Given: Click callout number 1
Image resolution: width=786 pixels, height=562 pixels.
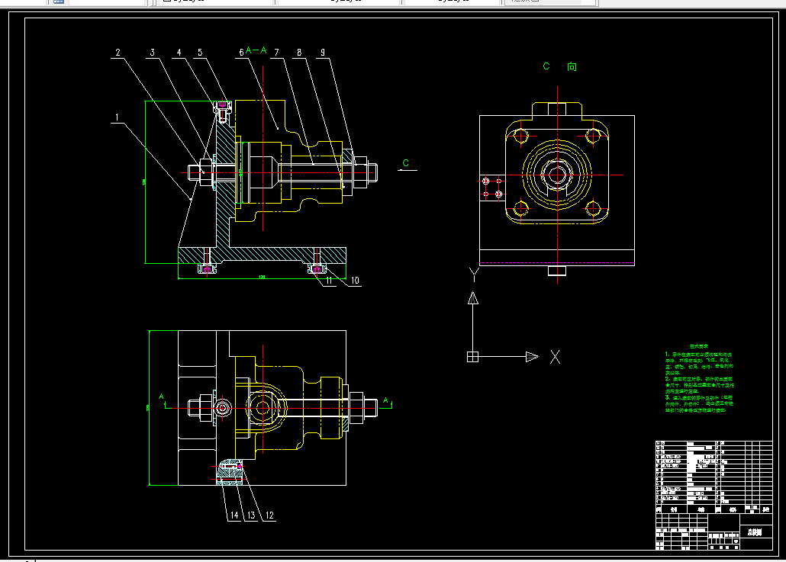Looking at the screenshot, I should click(x=117, y=118).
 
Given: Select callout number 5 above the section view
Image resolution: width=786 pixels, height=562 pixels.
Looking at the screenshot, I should click(x=200, y=53).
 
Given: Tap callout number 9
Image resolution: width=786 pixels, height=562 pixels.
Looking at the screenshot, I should click(x=323, y=53).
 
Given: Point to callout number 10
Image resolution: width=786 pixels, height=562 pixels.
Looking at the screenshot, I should click(x=355, y=281).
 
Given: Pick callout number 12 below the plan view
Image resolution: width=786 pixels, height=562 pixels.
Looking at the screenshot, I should click(x=269, y=515).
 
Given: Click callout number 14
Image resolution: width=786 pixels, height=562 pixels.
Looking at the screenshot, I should click(x=235, y=515).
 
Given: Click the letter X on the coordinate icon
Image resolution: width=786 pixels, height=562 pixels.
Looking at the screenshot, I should click(x=556, y=356).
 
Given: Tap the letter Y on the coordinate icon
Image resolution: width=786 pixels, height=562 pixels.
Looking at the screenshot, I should click(x=473, y=272).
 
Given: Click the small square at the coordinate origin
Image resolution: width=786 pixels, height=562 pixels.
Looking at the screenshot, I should click(x=472, y=356).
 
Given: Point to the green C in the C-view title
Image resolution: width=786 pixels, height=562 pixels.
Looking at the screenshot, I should click(x=546, y=66).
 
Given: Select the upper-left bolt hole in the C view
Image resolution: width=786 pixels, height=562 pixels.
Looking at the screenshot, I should click(x=522, y=137).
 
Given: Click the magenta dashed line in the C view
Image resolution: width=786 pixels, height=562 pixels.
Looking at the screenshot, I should click(x=557, y=262).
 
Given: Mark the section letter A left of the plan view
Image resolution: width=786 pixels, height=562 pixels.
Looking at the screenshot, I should click(x=161, y=397).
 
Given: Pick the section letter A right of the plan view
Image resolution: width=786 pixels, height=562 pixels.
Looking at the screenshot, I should click(x=386, y=400).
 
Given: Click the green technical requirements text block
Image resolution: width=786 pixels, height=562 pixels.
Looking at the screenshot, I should click(x=699, y=382).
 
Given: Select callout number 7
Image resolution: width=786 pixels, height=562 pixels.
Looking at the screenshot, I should click(x=276, y=53).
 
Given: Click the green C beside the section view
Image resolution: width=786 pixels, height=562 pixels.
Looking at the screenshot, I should click(x=405, y=162).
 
